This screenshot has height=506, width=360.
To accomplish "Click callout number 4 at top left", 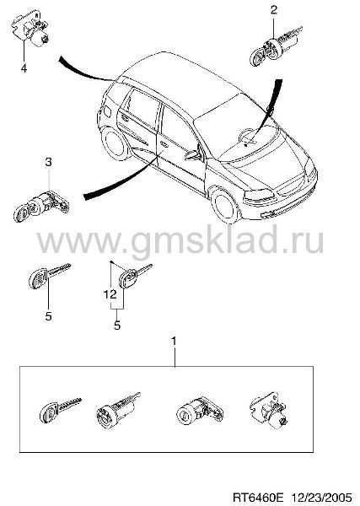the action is point(24,68).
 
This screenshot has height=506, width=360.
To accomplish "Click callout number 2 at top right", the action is point(273,10).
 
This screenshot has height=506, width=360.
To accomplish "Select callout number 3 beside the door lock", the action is point(48,162).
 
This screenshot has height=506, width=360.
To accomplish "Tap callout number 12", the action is point(110,294).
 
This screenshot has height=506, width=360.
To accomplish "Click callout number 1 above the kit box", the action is point(174,341).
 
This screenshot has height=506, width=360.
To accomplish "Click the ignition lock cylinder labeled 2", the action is point(275,46).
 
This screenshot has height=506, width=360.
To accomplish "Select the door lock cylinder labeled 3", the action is point(41,207).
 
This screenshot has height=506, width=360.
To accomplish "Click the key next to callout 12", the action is point(135,277).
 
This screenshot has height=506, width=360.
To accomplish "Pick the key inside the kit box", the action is point(60,410).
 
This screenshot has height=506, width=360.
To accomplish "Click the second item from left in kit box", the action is point(118,410).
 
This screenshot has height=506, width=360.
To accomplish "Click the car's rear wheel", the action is point(114,143).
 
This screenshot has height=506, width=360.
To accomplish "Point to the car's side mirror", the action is point(194,155).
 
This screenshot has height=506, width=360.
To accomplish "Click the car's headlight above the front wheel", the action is point(259,194).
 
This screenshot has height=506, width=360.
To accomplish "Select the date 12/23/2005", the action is point(322,496).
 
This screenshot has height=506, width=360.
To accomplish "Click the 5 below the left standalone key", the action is point(48,316).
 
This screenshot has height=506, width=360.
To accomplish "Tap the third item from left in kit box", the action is point(199,410).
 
